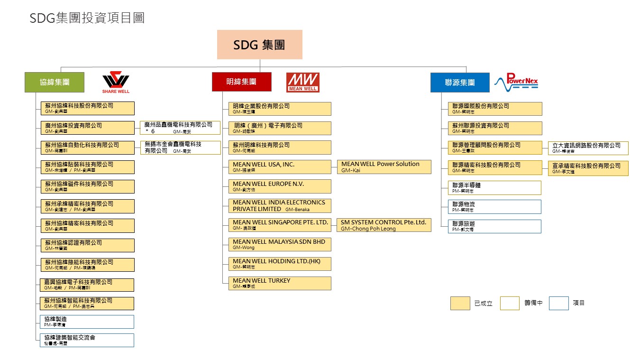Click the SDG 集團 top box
[259, 45]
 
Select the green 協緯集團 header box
[55, 82]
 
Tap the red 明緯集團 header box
[241, 82]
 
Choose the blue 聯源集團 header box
[459, 82]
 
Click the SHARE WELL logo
[116, 82]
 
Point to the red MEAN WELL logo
[302, 82]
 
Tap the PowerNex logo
[516, 82]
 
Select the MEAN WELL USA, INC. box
[280, 167]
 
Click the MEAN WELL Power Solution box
[384, 166]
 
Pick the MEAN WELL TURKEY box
[280, 283]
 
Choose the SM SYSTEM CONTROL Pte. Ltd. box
[384, 225]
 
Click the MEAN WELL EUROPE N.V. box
[280, 186]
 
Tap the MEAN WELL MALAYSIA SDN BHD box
[280, 244]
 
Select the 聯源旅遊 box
[494, 226]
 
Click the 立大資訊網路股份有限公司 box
[588, 148]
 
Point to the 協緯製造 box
[87, 322]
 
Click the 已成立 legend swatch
[460, 303]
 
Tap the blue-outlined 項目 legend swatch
[558, 303]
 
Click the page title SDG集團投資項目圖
[87, 18]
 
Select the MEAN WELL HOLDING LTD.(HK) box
[280, 264]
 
